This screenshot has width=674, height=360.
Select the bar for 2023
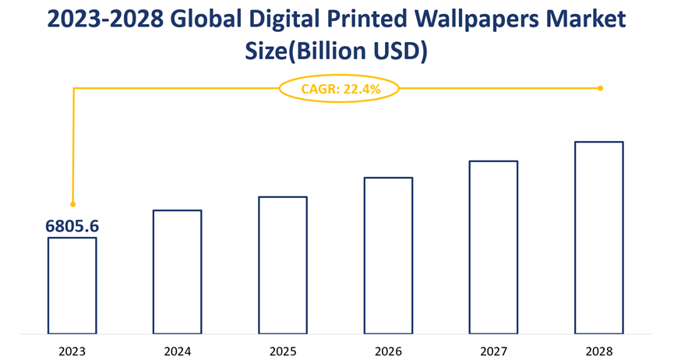[72, 285]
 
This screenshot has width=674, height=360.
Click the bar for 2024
[177, 271]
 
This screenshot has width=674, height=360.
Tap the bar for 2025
[282, 265]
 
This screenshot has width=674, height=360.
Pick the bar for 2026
[388, 255]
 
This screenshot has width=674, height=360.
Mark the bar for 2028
[598, 237]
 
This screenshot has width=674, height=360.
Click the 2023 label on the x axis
[72, 351]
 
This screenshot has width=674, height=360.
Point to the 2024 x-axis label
[177, 351]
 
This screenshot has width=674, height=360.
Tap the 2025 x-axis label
[282, 351]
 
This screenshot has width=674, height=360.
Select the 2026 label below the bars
[388, 351]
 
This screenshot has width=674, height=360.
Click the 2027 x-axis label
[493, 351]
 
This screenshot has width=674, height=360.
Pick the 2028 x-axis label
[598, 351]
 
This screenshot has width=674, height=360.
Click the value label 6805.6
[72, 226]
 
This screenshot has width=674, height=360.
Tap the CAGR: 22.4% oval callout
[339, 89]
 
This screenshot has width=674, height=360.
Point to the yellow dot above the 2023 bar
[72, 204]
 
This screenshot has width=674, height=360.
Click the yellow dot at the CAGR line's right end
[600, 88]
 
